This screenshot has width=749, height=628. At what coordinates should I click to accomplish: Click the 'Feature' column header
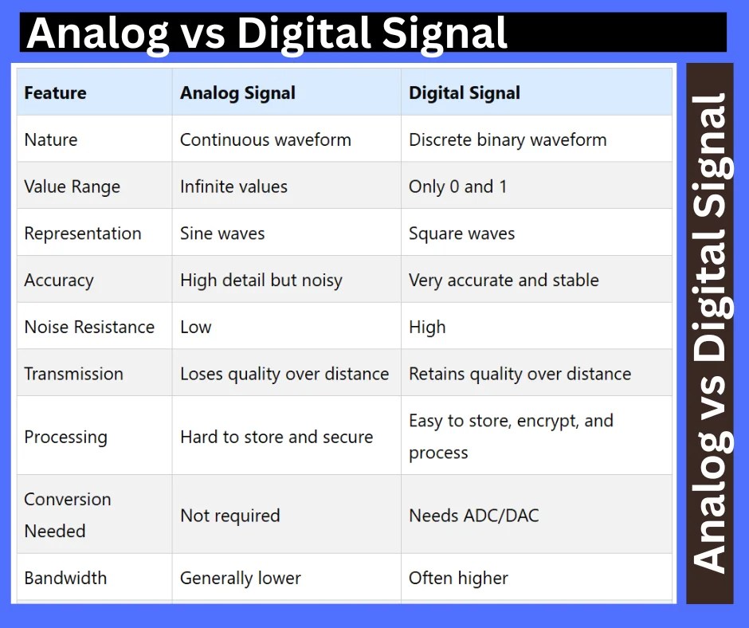[x=55, y=93]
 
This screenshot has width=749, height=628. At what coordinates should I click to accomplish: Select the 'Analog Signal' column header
[x=237, y=93]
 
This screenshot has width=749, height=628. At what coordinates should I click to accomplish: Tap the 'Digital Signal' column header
[x=464, y=93]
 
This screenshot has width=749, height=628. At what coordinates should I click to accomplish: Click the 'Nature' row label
[x=51, y=140]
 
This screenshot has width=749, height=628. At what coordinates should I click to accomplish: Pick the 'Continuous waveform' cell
[x=265, y=140]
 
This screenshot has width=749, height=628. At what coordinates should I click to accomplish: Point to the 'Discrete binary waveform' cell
[x=507, y=140]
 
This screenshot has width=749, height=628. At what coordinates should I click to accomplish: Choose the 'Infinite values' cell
[x=233, y=187]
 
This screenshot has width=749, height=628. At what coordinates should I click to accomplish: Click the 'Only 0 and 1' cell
[x=457, y=187]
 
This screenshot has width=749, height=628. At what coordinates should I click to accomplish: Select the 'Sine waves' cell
[x=222, y=234]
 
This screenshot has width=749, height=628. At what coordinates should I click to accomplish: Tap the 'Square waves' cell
[x=461, y=234]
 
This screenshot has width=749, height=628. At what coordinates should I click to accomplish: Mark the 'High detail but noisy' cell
[x=261, y=281]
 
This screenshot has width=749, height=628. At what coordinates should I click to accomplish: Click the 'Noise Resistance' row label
[x=89, y=328]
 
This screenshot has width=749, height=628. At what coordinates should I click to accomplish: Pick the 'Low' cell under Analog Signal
[x=195, y=328]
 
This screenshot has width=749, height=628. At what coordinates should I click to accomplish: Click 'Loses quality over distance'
[x=284, y=375]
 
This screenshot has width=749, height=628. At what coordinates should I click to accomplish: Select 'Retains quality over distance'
[x=520, y=375]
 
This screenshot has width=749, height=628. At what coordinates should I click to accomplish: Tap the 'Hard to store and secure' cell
[x=276, y=438]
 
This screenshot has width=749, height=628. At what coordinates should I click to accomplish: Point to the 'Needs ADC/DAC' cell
[x=473, y=516]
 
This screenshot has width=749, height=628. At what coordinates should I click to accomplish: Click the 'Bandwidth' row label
[x=65, y=579]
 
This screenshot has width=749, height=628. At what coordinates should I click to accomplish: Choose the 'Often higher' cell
[x=458, y=579]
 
